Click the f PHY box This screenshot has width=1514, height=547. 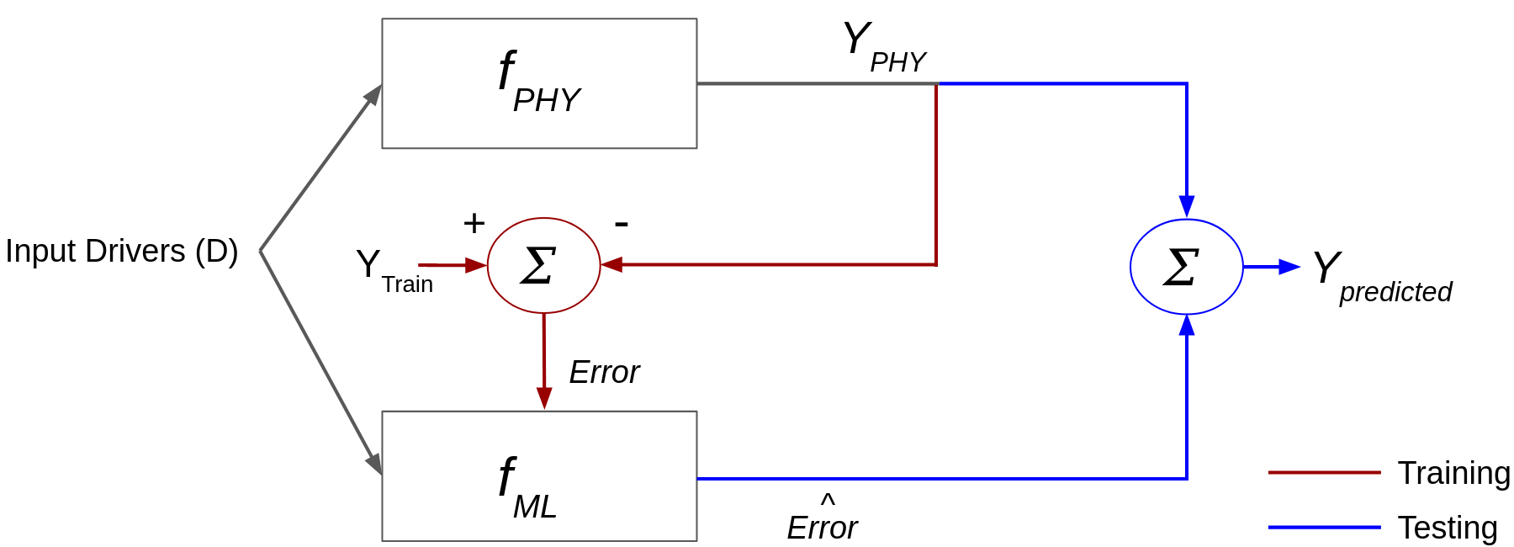539,83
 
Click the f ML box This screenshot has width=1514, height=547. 539,476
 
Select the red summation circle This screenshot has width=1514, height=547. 543,265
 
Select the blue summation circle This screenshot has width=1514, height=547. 1186,267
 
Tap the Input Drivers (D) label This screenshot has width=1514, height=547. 122,251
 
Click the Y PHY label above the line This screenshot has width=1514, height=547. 883,48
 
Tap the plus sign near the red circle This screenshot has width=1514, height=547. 474,223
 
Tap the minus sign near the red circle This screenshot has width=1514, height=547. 622,223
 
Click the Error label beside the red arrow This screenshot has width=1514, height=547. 604,372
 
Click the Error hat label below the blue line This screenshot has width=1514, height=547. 822,522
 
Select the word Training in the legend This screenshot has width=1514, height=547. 1453,473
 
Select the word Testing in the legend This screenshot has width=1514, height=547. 1448,528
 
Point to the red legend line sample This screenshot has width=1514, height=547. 1324,473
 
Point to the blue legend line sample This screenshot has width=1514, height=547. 1324,528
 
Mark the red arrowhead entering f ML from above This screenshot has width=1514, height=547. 544,399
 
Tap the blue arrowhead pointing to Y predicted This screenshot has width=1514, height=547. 1289,267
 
